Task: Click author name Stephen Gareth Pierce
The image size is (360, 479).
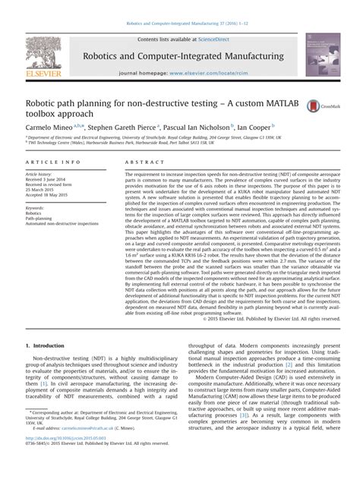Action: tap(129, 128)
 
